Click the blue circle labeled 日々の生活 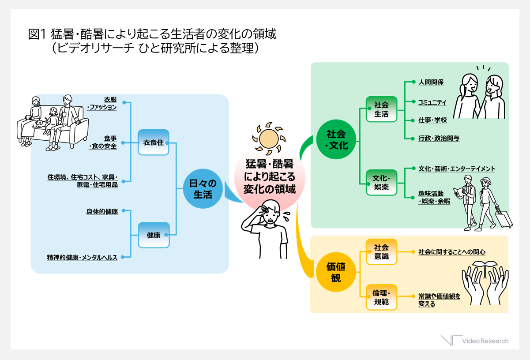(203, 188)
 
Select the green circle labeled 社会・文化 (336, 139)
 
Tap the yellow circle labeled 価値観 (336, 272)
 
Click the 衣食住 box (153, 142)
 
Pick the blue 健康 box (154, 235)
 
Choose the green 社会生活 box (381, 109)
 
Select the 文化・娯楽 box (381, 182)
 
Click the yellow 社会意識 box (381, 251)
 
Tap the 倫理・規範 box (381, 297)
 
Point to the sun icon (269, 139)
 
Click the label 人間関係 (431, 82)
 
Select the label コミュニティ (432, 102)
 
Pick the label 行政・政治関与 (439, 138)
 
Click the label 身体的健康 (102, 211)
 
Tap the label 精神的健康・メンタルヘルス (82, 257)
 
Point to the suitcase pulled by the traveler (504, 217)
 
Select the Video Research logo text (485, 341)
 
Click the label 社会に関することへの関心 (452, 252)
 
